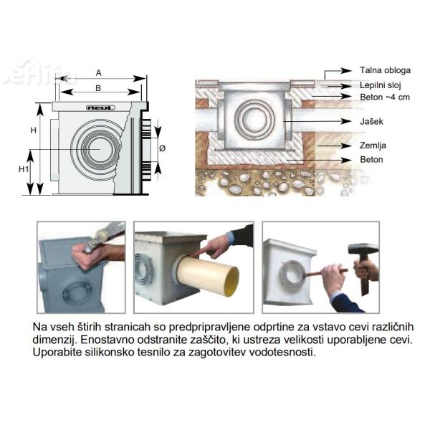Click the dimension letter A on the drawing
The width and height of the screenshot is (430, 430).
tap(99, 72)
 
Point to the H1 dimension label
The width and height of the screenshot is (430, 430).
tap(24, 169)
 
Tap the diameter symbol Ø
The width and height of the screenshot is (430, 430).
tap(162, 148)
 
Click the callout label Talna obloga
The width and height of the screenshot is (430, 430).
tap(385, 71)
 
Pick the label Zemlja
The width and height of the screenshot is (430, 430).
tap(373, 145)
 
